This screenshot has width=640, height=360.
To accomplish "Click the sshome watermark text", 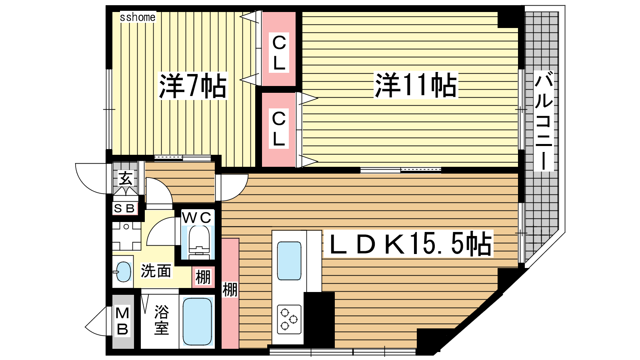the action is pyautogui.click(x=138, y=18).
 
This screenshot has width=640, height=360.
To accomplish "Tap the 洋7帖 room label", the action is pyautogui.click(x=193, y=86).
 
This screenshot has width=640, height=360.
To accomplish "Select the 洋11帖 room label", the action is pyautogui.click(x=416, y=85).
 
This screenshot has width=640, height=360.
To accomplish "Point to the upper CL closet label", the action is pyautogui.click(x=279, y=53).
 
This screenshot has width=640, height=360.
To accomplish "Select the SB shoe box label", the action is pyautogui.click(x=124, y=208).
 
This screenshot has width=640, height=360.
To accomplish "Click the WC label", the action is pyautogui.click(x=198, y=218).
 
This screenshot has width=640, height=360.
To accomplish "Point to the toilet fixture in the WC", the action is pyautogui.click(x=199, y=242).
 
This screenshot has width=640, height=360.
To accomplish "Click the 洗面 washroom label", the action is pyautogui.click(x=156, y=271).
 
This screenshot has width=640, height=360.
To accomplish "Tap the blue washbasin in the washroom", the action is pyautogui.click(x=124, y=272).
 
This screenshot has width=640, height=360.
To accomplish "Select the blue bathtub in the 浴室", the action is pyautogui.click(x=197, y=321).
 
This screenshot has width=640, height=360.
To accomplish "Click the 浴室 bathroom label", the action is pyautogui.click(x=162, y=320).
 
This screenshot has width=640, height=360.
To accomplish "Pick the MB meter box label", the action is pyautogui.click(x=122, y=321).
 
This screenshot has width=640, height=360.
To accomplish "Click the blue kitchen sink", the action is pyautogui.click(x=289, y=261).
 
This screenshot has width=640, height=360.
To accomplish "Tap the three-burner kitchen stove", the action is pyautogui.click(x=289, y=319).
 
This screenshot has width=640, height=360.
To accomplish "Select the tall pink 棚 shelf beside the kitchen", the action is pyautogui.click(x=230, y=294).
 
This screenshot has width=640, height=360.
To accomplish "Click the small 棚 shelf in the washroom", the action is pyautogui.click(x=203, y=277).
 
